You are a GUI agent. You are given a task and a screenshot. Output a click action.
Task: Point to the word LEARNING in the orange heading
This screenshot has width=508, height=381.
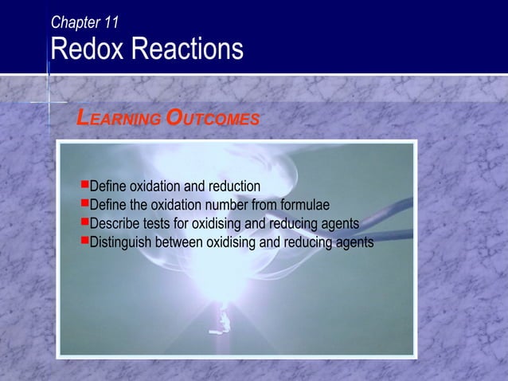tap(117, 120)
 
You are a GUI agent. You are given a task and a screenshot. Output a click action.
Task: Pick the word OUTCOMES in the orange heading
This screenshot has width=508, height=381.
tap(213, 120)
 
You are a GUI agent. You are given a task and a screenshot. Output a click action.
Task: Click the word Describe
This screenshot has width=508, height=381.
tap(115, 223)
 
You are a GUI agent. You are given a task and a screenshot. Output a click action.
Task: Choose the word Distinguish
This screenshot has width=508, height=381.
tap(122, 242)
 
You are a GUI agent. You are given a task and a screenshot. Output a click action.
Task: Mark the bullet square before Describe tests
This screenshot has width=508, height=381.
tap(84, 222)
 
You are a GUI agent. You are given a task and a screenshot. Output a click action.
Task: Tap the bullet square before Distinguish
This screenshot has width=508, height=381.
tap(84, 240)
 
